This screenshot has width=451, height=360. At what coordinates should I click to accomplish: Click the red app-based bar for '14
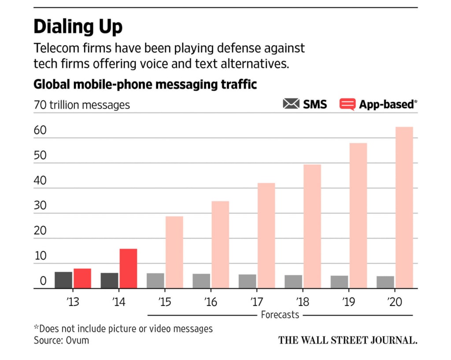click(128, 268)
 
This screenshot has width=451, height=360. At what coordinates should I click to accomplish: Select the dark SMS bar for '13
click(63, 280)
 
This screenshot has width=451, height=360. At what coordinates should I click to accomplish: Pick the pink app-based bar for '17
click(266, 235)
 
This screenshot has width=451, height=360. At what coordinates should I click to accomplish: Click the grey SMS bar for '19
click(339, 282)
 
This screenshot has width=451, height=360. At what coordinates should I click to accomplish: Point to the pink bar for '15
click(174, 252)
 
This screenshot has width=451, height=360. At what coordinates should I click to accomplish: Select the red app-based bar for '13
click(82, 278)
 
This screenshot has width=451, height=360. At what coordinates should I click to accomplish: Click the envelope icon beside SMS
click(291, 104)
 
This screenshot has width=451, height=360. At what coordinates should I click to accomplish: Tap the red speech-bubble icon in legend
click(347, 104)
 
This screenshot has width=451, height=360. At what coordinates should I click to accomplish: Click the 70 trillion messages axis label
click(82, 105)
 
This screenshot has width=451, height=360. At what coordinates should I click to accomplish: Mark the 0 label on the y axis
click(43, 281)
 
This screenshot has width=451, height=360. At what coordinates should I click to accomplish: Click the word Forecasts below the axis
click(280, 315)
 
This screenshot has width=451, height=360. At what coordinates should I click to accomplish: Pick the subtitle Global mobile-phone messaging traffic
click(145, 84)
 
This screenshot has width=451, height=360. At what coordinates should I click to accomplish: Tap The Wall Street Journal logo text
click(347, 340)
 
